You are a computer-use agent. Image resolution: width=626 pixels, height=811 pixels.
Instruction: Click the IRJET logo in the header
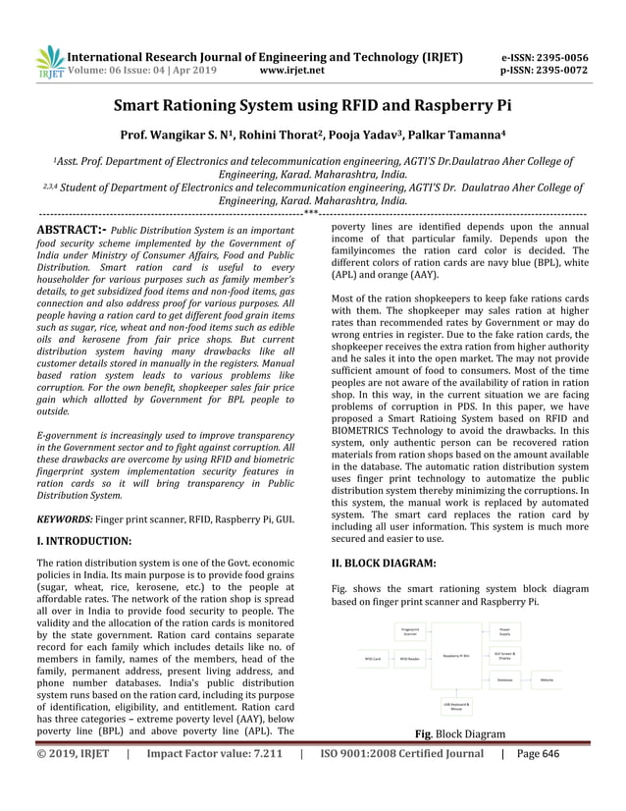pyautogui.click(x=47, y=62)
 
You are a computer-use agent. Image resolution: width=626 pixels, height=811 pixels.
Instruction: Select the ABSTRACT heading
pyautogui.click(x=70, y=229)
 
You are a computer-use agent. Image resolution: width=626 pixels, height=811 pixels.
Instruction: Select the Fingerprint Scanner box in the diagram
pyautogui.click(x=411, y=632)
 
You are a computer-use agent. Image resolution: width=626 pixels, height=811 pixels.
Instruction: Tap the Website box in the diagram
pyautogui.click(x=547, y=678)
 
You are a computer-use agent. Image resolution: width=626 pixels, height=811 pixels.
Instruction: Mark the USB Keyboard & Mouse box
pyautogui.click(x=457, y=705)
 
